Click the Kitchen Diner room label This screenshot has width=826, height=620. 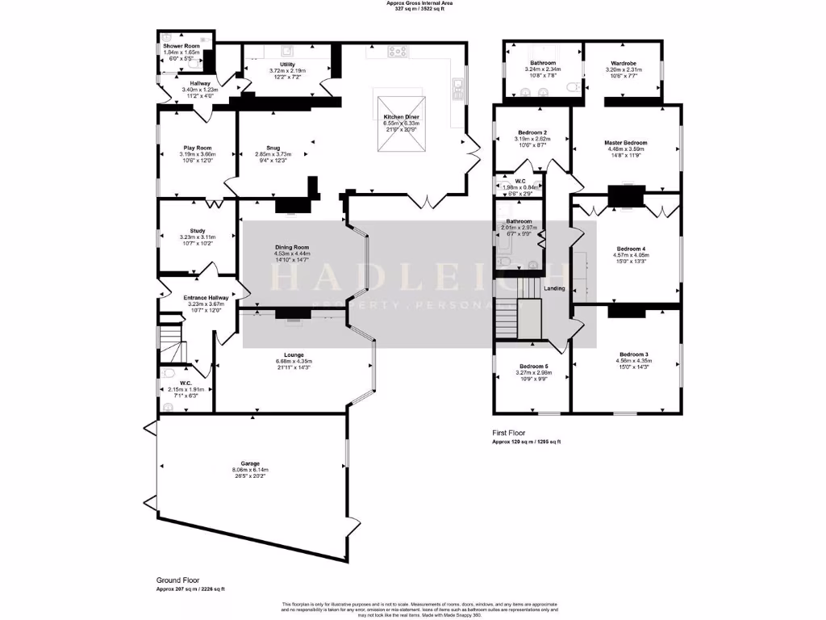(x=400, y=117)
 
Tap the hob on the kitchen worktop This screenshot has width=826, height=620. (x=398, y=52)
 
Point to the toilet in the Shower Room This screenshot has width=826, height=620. (x=166, y=37)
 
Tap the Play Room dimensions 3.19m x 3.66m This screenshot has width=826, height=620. (x=197, y=154)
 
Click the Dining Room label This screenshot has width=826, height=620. (x=291, y=247)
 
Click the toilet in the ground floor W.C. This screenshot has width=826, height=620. (x=167, y=375)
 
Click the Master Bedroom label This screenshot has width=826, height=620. (x=625, y=143)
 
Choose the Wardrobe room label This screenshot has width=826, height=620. (x=624, y=63)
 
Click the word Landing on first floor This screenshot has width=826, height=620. (x=554, y=288)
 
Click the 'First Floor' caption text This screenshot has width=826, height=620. (x=510, y=434)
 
